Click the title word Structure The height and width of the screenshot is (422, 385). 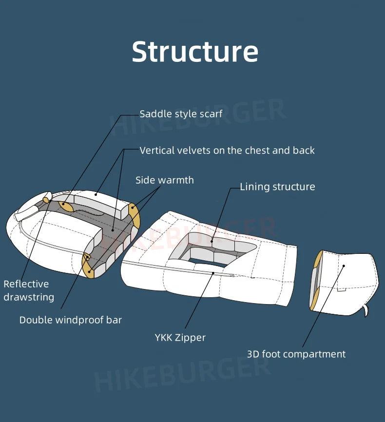point(195,52)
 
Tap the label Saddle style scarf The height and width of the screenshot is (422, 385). point(181,114)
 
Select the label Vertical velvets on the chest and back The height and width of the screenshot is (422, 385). point(227,151)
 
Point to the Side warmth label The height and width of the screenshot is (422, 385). point(164,180)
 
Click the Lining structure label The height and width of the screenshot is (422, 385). point(277,187)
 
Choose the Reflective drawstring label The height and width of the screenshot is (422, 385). point(28,290)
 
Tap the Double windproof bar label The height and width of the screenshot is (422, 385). point(71,320)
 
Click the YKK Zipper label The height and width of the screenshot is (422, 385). point(180,337)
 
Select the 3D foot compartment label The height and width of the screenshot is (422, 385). point(296,354)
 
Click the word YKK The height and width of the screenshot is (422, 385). point(165,337)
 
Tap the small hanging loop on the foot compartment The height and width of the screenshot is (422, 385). point(365,310)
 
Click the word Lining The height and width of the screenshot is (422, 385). point(254,187)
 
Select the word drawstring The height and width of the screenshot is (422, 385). point(29,297)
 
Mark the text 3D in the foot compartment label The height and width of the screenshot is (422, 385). point(253,354)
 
